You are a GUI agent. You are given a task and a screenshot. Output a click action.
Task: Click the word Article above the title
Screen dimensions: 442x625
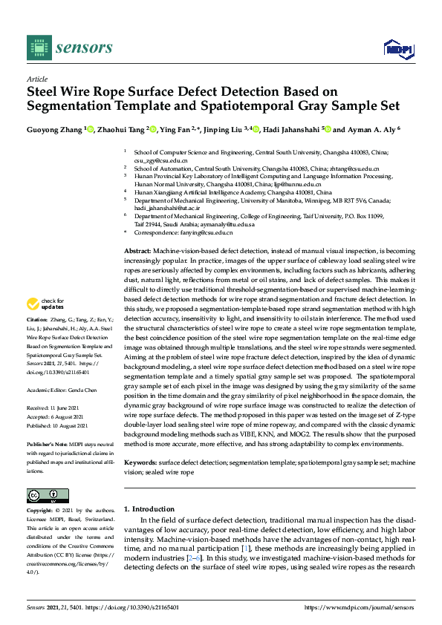click(x=36, y=79)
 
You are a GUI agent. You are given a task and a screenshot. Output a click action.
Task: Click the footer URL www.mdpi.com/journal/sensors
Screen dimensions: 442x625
click(x=370, y=607)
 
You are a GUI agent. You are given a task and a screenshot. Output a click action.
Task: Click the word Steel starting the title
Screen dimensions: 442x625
click(x=44, y=92)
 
